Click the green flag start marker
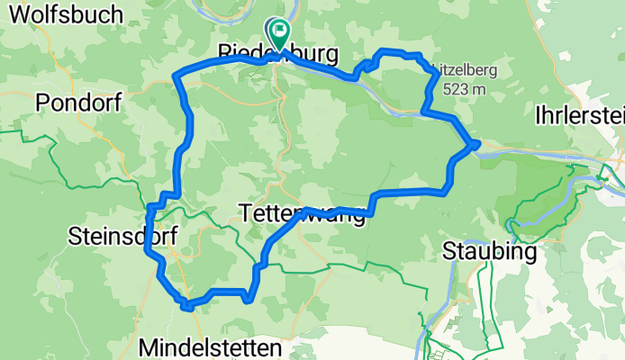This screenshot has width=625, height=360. [x=280, y=33]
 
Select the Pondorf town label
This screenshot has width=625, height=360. [x=79, y=103]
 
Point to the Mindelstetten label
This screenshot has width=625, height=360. [x=211, y=346]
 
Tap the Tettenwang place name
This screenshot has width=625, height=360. [x=303, y=213]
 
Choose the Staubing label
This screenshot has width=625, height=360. [x=491, y=253]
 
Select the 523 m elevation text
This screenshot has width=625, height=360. [x=458, y=89]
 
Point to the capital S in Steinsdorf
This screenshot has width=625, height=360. [x=75, y=237]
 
